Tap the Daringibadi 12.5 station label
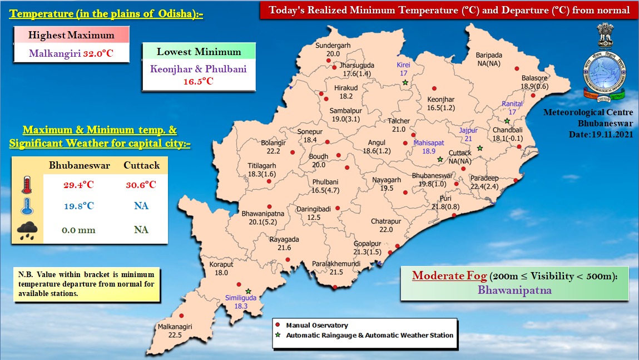tap(314, 213)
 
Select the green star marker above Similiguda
tap(249, 291)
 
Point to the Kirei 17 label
tap(403, 69)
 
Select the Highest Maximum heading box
tap(71, 36)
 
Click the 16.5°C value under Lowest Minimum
tap(199, 81)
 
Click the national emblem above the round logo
tap(605, 36)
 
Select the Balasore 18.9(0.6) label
tap(534, 82)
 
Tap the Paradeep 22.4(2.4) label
tap(487, 183)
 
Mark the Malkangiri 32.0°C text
tap(71, 55)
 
